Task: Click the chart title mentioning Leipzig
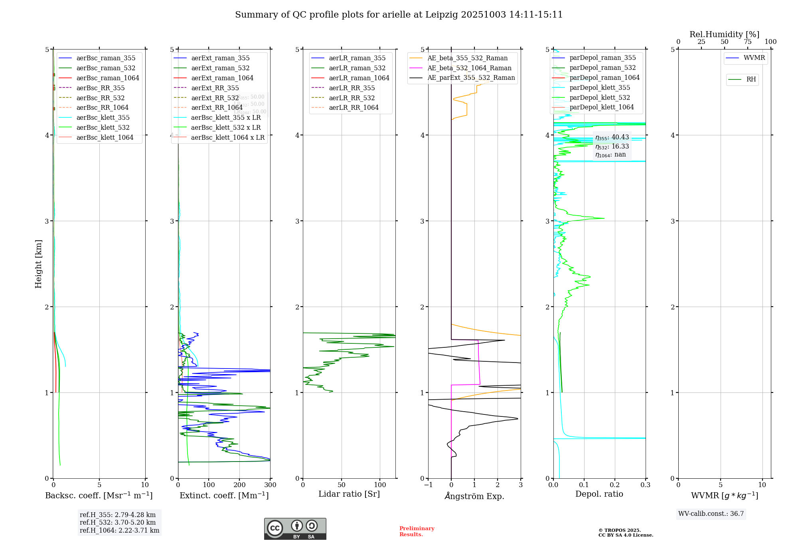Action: pyautogui.click(x=399, y=15)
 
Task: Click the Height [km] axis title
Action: pyautogui.click(x=38, y=264)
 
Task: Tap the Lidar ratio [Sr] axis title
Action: pyautogui.click(x=349, y=494)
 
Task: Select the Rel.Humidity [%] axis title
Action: pyautogui.click(x=724, y=35)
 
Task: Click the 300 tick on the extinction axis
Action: pyautogui.click(x=270, y=485)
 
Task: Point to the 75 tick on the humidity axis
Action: pyautogui.click(x=747, y=42)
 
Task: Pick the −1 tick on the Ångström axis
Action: pyautogui.click(x=428, y=485)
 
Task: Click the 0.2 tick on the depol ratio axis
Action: pyautogui.click(x=615, y=485)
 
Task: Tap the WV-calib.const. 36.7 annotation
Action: pyautogui.click(x=711, y=514)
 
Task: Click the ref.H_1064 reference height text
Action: pyautogui.click(x=119, y=531)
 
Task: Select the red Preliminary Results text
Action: pyautogui.click(x=417, y=531)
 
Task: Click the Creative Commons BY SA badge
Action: pyautogui.click(x=295, y=529)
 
